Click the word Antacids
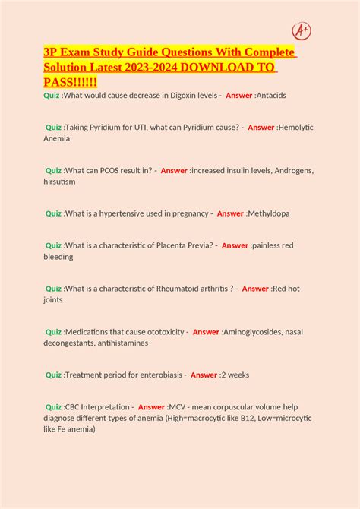tap(271, 95)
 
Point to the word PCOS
tap(111, 171)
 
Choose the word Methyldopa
tap(270, 213)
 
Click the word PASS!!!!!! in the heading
tap(70, 81)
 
